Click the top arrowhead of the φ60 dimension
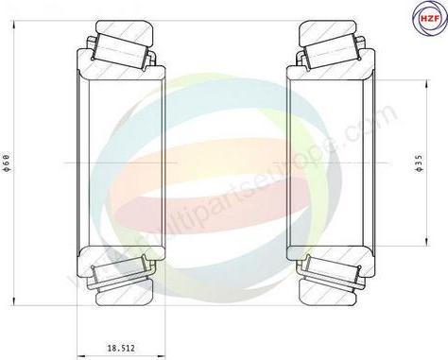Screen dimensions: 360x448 (13, 21)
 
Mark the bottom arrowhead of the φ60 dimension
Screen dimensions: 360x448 (13, 302)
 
